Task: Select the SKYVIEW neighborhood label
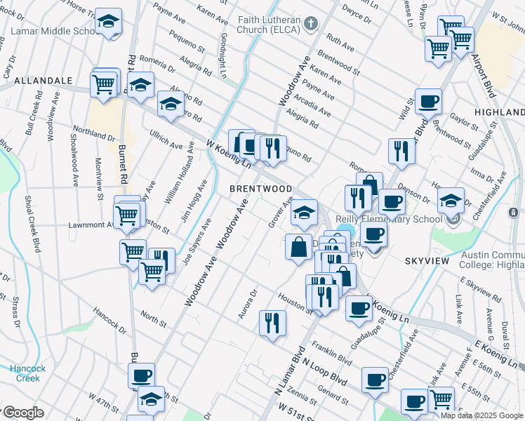(x=426, y=260)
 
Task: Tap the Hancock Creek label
(x=27, y=373)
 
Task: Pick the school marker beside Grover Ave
(x=303, y=213)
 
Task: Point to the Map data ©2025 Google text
(x=481, y=415)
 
